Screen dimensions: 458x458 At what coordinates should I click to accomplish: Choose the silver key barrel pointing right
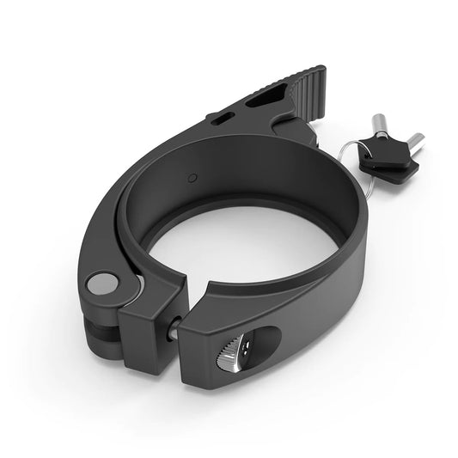pos(413,140)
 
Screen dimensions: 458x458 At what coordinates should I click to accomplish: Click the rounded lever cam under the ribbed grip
pos(296,129)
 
